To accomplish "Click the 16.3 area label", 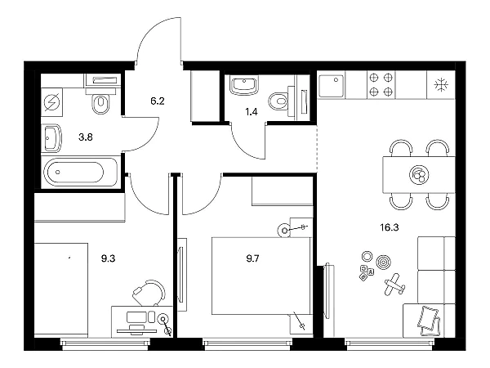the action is pyautogui.click(x=390, y=227).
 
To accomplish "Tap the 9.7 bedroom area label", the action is pyautogui.click(x=252, y=258).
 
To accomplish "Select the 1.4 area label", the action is pyautogui.click(x=252, y=112).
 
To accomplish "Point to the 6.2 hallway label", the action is pyautogui.click(x=157, y=101).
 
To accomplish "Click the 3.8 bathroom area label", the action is pyautogui.click(x=85, y=137).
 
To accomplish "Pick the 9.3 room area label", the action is pyautogui.click(x=108, y=258).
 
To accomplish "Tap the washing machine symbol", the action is pyautogui.click(x=52, y=103).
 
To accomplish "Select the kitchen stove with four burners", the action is pyautogui.click(x=381, y=84).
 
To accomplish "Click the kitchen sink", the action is pyautogui.click(x=332, y=85).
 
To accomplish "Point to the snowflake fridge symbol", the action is pyautogui.click(x=441, y=85).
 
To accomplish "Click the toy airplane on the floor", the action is pyautogui.click(x=394, y=285).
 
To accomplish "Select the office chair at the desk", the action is pyautogui.click(x=149, y=293).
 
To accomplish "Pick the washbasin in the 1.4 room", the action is pyautogui.click(x=243, y=85).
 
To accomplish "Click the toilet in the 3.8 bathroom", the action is pyautogui.click(x=100, y=101).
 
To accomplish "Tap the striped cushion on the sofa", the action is pyautogui.click(x=429, y=317).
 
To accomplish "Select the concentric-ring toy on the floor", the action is pyautogui.click(x=381, y=262).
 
